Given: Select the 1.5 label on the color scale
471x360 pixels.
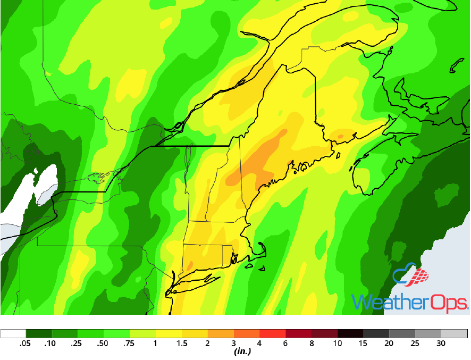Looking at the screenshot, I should click(x=182, y=344).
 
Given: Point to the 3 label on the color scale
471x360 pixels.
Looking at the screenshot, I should click(x=234, y=344).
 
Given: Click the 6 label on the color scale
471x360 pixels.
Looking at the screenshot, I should click(x=286, y=344).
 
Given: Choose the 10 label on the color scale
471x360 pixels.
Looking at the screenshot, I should click(x=338, y=344).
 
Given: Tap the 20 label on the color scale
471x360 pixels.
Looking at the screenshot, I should click(x=390, y=344).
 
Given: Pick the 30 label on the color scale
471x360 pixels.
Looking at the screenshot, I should click(x=441, y=344).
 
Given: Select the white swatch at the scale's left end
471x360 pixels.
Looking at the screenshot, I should click(x=13, y=334).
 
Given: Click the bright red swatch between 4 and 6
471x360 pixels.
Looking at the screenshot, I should click(x=273, y=334).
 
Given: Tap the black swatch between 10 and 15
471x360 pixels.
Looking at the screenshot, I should click(x=351, y=334).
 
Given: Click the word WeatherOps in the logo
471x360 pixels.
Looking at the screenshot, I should click(x=409, y=302).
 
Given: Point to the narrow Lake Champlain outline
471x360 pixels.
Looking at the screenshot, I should click(x=187, y=160).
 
